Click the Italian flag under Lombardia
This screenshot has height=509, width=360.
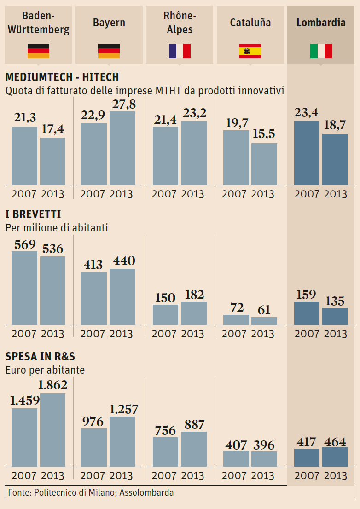click(x=321, y=51)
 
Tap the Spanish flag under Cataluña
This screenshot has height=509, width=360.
click(x=250, y=51)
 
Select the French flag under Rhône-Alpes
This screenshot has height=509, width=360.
click(x=180, y=51)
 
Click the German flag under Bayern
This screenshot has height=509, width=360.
click(x=109, y=51)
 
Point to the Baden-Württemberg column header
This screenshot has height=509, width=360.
click(x=39, y=23)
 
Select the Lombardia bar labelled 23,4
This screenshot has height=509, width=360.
click(x=307, y=153)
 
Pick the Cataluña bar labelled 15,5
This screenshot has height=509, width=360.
click(x=264, y=164)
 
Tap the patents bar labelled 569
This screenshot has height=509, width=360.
click(x=24, y=288)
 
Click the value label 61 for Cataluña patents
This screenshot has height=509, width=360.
click(x=264, y=310)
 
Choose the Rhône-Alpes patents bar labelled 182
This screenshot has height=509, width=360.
click(x=194, y=313)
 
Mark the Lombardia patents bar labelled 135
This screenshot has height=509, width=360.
click(x=335, y=317)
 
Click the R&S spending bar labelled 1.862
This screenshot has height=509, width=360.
click(x=52, y=428)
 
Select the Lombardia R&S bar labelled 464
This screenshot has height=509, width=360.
click(x=335, y=457)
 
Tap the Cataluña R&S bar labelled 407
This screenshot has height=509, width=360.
click(x=236, y=459)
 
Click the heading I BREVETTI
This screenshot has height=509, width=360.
click(x=33, y=214)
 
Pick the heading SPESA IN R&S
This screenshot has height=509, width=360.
click(x=40, y=357)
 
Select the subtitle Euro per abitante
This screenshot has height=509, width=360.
click(x=45, y=370)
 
